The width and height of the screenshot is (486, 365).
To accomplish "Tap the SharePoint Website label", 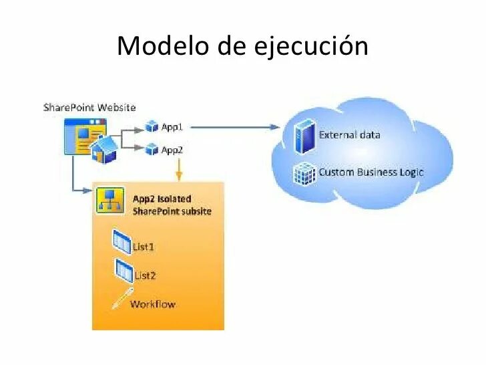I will [89, 107].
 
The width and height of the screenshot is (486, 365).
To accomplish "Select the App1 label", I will [172, 126].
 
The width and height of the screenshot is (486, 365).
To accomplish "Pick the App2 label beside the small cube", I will [172, 150].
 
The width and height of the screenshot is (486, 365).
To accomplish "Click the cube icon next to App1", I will [152, 126].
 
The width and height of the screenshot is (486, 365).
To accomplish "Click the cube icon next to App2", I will [152, 150].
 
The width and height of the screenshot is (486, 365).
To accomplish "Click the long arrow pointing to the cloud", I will [234, 126].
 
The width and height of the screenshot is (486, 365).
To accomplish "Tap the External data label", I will [349, 134].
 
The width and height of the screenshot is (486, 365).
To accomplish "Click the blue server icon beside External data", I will [305, 136].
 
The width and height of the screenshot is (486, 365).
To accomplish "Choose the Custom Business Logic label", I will [371, 172].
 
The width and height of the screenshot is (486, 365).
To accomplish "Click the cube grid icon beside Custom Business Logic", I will [305, 173].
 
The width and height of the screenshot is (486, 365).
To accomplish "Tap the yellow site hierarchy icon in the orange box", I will [107, 199].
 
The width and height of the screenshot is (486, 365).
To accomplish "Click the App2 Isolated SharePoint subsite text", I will [172, 205].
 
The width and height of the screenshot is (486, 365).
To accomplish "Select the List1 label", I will [144, 247].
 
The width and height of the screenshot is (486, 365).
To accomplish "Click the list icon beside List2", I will [123, 271].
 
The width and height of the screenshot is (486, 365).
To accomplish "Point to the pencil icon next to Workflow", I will [120, 299].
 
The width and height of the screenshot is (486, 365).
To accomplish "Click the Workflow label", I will [152, 304].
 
